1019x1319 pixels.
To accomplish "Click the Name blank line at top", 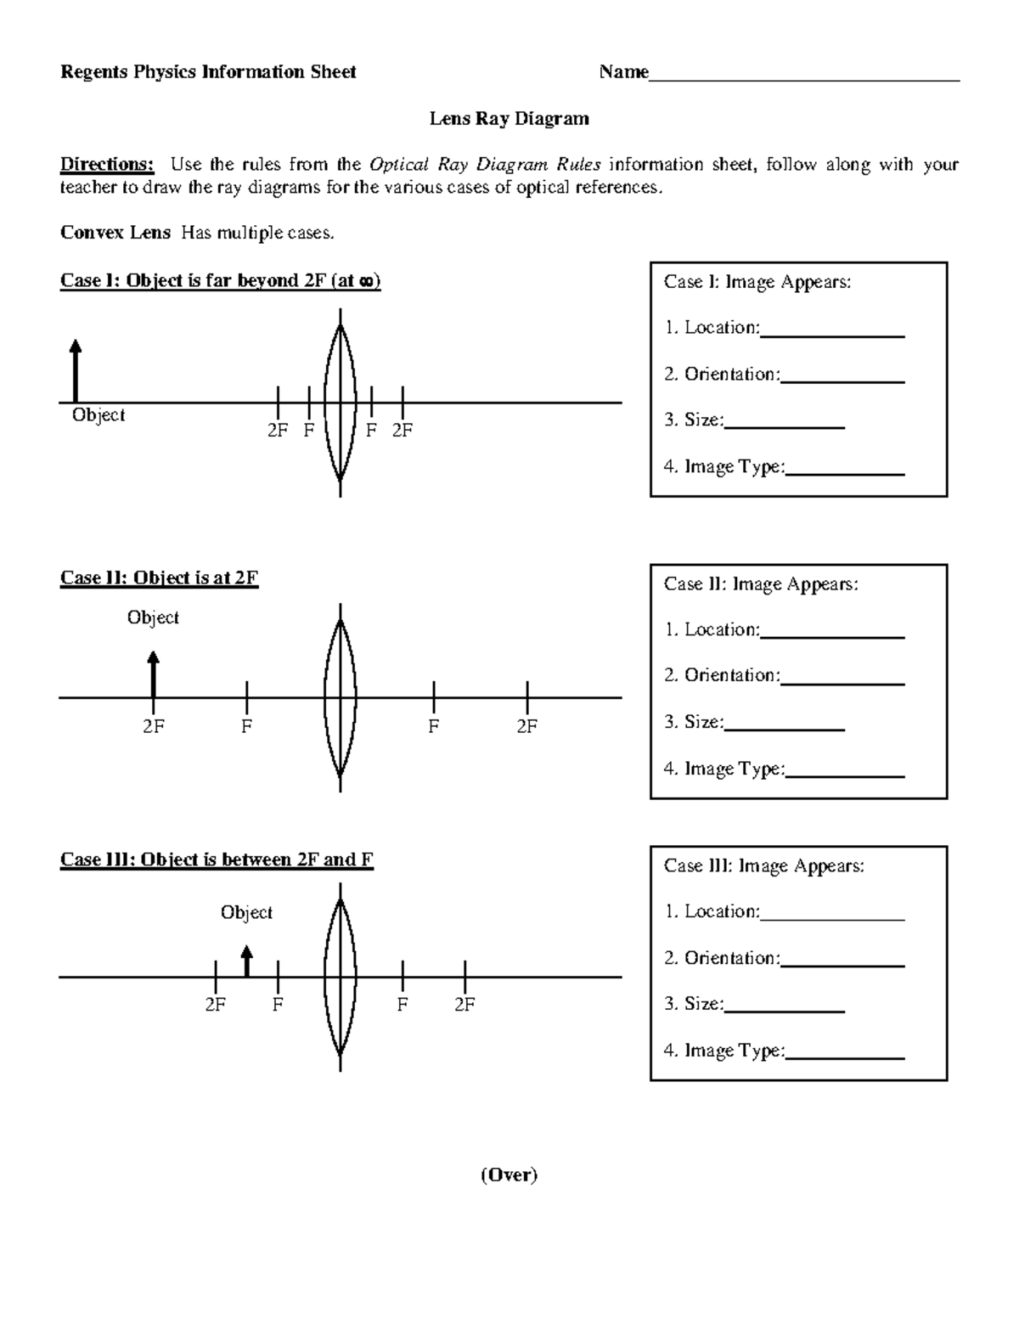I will click(804, 78).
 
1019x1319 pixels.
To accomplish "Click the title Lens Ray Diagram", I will click(509, 119).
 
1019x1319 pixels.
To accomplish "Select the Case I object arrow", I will click(76, 371).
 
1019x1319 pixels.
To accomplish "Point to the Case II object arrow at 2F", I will click(153, 674).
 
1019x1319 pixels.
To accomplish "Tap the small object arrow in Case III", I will click(246, 961).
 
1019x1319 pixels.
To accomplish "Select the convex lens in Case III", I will click(340, 977).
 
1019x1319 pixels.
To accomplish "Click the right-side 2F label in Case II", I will click(526, 726).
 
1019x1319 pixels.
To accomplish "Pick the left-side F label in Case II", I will click(246, 726).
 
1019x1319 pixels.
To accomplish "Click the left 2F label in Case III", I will click(216, 1005).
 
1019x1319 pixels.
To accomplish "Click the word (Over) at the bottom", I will click(509, 1175).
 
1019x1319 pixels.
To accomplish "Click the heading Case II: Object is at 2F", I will click(159, 578).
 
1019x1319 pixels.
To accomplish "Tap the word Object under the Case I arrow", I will click(99, 415).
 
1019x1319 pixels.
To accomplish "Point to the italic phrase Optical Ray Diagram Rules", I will click(485, 165).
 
